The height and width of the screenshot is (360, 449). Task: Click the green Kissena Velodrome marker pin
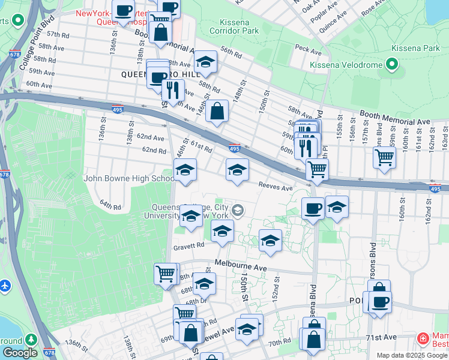(x=392, y=63)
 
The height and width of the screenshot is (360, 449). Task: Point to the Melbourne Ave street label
(x=241, y=266)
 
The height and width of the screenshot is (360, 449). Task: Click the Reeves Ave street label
(x=275, y=187)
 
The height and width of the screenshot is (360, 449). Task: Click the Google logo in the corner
(x=20, y=353)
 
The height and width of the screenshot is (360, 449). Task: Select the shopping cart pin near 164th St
(x=384, y=158)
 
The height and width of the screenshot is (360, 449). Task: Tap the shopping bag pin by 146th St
(x=217, y=111)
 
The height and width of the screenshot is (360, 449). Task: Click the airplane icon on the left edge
(x=4, y=284)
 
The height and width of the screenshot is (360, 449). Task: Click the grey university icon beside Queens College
(x=238, y=209)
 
